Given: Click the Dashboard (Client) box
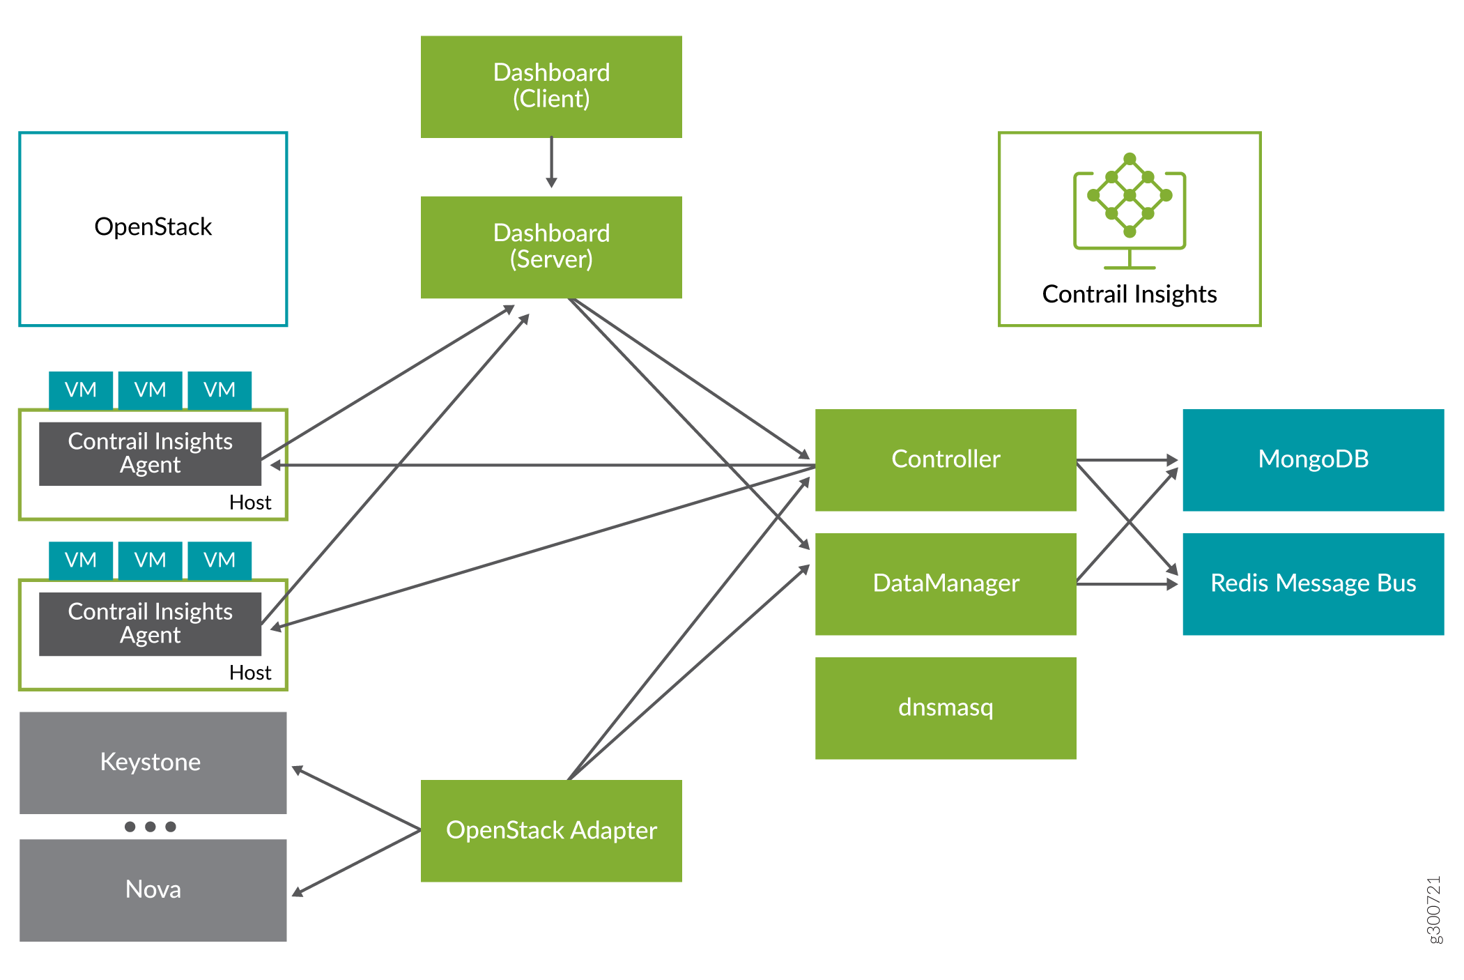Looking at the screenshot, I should click(551, 86).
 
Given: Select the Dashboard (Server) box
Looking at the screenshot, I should click(551, 247).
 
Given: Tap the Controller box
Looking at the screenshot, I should click(946, 459).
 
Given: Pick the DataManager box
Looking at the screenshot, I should click(946, 583).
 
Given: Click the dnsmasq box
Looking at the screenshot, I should click(946, 707).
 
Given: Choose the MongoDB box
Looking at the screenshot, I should click(1313, 459).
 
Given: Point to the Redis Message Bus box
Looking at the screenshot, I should click(1313, 583).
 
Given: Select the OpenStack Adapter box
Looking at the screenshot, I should click(551, 830).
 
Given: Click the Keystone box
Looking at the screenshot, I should click(153, 762).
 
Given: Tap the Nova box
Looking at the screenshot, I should click(153, 889).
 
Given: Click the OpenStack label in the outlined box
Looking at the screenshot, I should click(153, 227).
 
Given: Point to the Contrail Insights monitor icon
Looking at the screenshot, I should click(1130, 209).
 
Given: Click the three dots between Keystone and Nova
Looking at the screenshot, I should click(150, 827).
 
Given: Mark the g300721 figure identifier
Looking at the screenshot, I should click(1433, 910).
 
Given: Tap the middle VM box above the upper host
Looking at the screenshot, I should click(150, 390).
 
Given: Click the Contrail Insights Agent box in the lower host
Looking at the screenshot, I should click(150, 624).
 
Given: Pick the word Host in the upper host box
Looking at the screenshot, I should click(250, 503).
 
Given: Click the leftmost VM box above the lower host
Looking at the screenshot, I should click(81, 560).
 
